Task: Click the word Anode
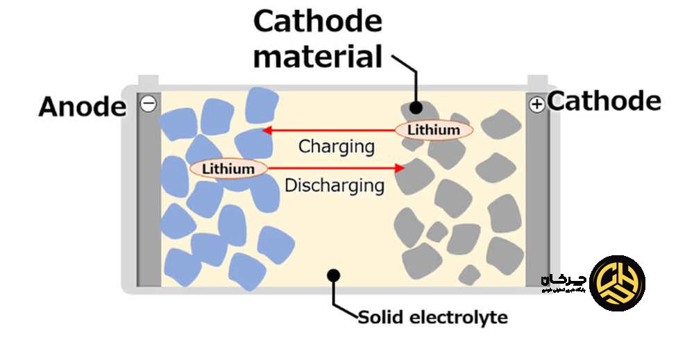83,107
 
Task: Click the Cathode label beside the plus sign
604,101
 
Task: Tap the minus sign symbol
148,104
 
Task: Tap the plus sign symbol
536,105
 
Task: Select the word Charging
336,146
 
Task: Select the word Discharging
335,185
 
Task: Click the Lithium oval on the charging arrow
434,130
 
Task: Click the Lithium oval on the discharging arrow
228,168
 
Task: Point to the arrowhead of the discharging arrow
400,168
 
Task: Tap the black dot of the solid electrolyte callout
333,275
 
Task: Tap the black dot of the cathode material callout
416,108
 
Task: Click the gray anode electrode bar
149,201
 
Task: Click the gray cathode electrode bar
537,201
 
